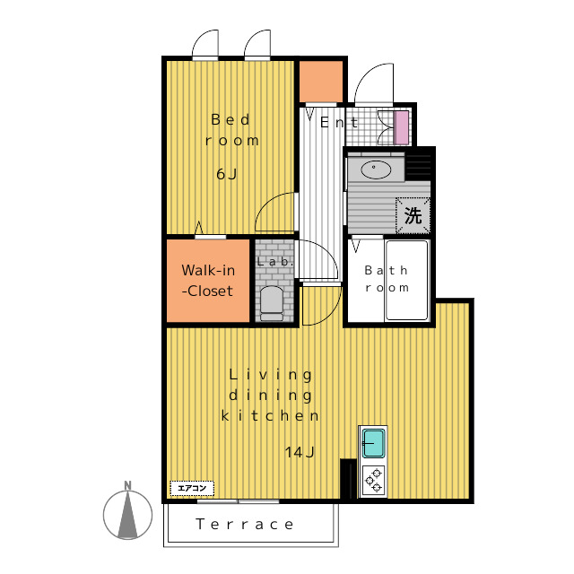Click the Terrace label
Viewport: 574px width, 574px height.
coord(245,524)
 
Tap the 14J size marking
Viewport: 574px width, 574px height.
coord(300,452)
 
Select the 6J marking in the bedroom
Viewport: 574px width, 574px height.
coord(227,174)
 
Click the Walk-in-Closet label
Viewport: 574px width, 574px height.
coord(208,281)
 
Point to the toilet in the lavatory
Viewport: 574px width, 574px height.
coord(271,303)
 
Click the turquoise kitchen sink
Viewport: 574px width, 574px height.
coord(373,443)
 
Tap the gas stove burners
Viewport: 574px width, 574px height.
coord(373,480)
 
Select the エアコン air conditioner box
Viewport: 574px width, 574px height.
coord(192,488)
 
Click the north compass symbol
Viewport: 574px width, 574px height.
coord(127,511)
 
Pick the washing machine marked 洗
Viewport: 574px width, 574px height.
coord(413,215)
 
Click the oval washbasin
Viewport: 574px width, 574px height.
coord(376,170)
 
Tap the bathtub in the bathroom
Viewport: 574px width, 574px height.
coord(406,280)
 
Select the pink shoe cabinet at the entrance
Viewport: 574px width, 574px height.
coord(401,127)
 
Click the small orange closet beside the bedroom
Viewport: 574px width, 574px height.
coord(321,82)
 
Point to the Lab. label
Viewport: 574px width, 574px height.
coord(275,262)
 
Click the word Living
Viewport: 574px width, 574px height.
coord(271,375)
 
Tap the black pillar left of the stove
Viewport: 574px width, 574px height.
coord(348,478)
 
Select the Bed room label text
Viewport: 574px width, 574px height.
coord(231,130)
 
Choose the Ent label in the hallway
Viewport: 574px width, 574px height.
coord(339,123)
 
